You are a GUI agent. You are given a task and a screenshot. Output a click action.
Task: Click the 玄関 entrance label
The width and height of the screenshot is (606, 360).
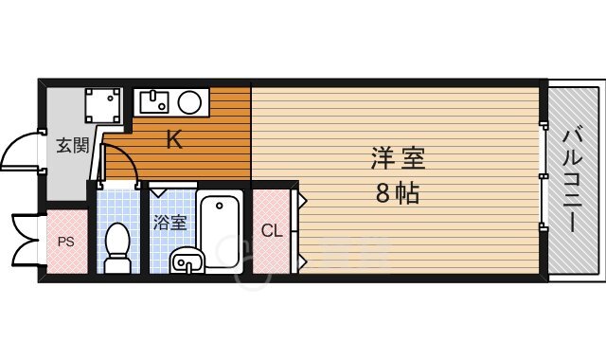click(72, 146)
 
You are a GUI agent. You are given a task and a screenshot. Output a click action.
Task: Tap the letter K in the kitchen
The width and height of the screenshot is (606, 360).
click(174, 141)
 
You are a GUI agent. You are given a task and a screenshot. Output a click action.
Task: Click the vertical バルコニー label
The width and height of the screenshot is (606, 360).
click(573, 179)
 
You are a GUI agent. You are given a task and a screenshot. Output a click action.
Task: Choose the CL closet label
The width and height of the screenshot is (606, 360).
click(270, 229)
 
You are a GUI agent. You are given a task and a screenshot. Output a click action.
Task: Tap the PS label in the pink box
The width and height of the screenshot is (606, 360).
click(65, 241)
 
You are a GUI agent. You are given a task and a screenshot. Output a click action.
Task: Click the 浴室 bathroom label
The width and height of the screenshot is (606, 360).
click(170, 223)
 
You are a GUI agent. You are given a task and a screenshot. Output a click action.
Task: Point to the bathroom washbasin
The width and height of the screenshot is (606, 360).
click(186, 260)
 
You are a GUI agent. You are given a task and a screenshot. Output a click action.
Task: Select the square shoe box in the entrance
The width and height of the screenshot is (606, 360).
click(101, 107)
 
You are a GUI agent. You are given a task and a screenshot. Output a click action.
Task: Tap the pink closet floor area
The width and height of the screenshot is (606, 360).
click(271, 256)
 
